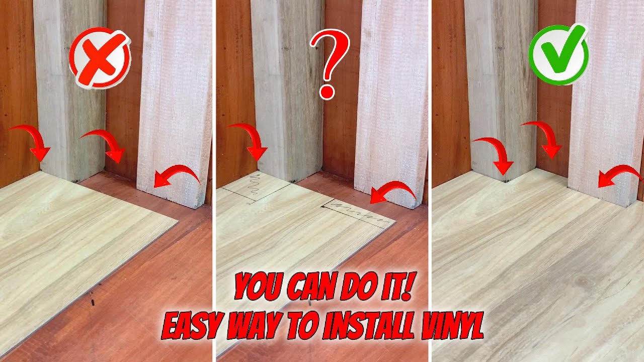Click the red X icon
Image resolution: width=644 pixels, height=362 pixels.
[x=100, y=59]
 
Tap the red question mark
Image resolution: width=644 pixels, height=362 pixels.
[x=330, y=63]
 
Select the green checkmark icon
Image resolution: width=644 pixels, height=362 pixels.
[x=558, y=54]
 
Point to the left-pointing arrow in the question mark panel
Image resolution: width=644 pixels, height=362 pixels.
[x=393, y=192]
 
